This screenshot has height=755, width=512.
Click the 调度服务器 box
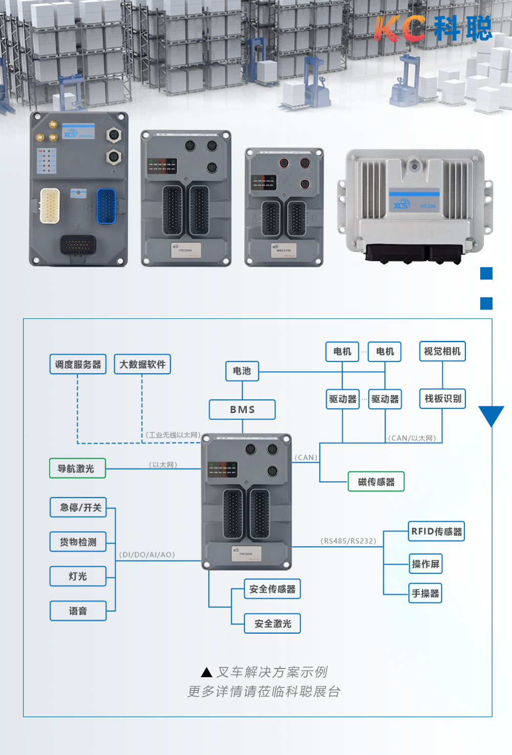[78, 364]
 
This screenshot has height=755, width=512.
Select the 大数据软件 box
[142, 364]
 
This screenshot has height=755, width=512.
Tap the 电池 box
[242, 371]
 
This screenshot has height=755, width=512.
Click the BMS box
[242, 409]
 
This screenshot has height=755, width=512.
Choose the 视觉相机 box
[442, 351]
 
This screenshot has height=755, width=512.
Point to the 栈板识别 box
[442, 399]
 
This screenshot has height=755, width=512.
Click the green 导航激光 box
[77, 468]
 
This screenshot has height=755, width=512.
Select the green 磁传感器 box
[376, 482]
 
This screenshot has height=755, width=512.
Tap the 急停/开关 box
[78, 507]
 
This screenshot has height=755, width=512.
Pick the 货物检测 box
[78, 542]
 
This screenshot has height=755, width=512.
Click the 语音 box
[78, 611]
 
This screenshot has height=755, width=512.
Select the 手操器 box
[425, 593]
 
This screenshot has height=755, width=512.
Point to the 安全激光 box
[272, 623]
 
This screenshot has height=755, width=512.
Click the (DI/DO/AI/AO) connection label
[147, 555]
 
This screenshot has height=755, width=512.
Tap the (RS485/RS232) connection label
[348, 541]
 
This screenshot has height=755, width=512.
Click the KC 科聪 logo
[433, 29]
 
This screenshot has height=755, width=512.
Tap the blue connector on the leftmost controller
[106, 206]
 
